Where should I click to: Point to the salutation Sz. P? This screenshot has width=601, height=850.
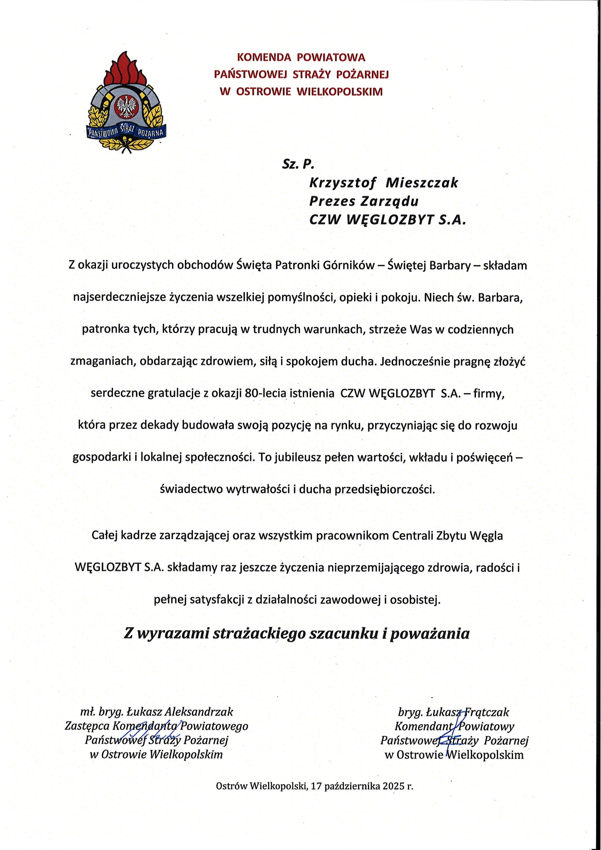(x=298, y=164)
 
